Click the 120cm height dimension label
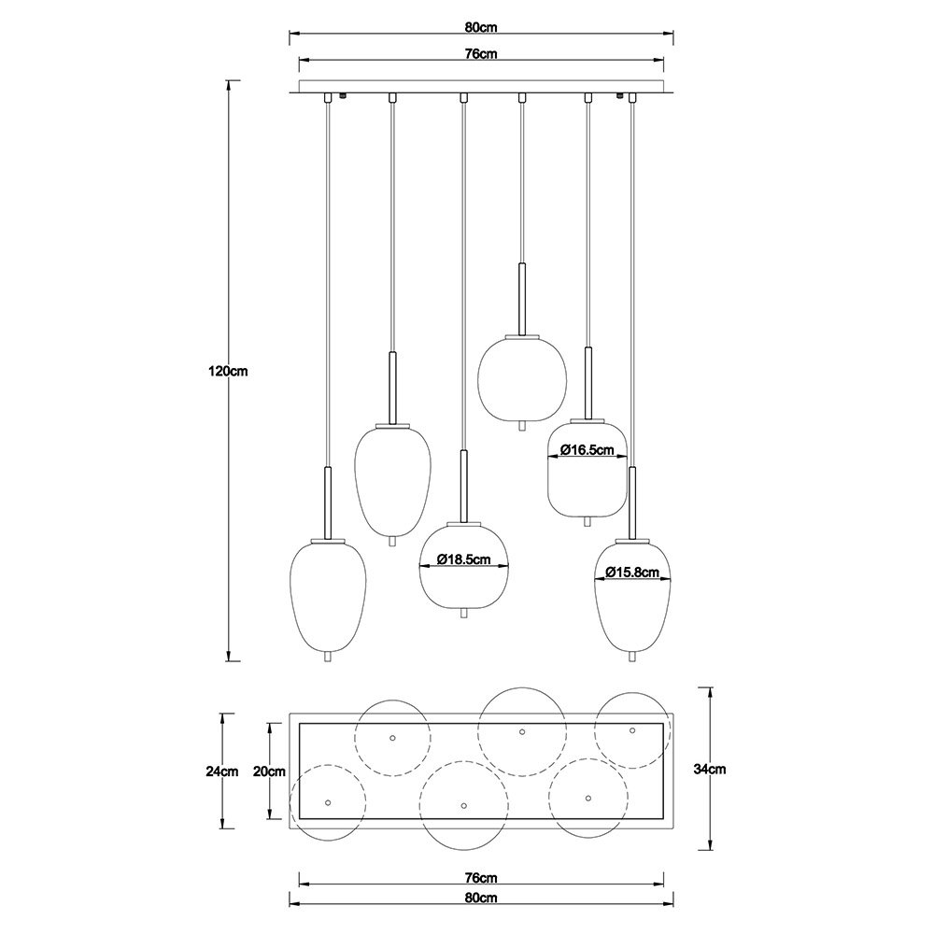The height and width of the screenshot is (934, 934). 228,371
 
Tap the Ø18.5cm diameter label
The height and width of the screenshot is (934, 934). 463,559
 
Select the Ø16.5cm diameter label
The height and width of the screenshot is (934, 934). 587,450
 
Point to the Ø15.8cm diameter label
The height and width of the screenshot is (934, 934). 632,573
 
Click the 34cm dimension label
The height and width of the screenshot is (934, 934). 710,769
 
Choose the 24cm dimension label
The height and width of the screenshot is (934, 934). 221,771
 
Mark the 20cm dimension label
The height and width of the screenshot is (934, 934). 269,771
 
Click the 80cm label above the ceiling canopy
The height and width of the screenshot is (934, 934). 481,27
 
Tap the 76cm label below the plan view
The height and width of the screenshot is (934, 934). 481,877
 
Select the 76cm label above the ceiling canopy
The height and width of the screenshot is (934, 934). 481,53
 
